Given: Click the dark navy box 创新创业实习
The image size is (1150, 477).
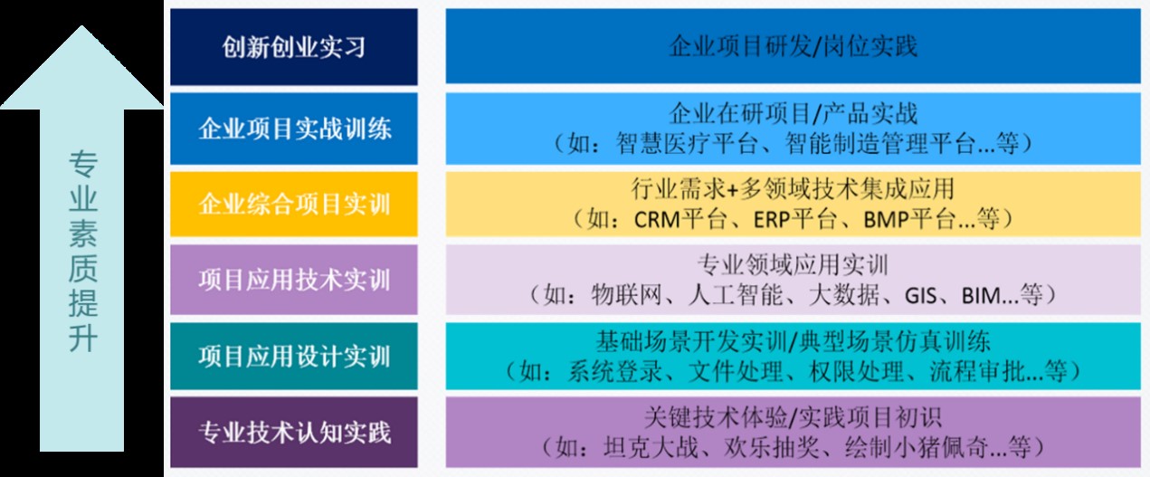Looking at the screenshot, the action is point(294,47).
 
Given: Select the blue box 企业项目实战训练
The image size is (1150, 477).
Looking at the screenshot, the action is point(294,129).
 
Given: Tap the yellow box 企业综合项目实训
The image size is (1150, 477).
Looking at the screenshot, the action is point(294,204).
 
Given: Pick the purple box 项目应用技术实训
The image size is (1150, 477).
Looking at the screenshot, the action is point(294,280).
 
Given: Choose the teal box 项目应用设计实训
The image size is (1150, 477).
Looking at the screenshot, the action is point(294,356).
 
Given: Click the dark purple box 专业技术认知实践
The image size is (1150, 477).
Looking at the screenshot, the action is point(294,432).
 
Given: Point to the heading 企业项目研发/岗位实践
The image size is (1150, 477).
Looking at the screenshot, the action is point(793,46).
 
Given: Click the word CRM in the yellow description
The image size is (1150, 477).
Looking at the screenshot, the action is point(657,220).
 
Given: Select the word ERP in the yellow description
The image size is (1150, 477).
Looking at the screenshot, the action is point(772,220).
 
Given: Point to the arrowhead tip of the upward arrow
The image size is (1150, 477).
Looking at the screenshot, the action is point(81,26).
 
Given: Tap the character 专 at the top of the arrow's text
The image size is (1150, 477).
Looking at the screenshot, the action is point(82,164).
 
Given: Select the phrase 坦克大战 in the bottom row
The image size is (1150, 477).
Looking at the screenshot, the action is point(651,447).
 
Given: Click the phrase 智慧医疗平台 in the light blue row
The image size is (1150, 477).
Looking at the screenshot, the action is point(687,143).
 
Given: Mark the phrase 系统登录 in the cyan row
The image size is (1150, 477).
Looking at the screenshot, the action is point(615,371).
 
